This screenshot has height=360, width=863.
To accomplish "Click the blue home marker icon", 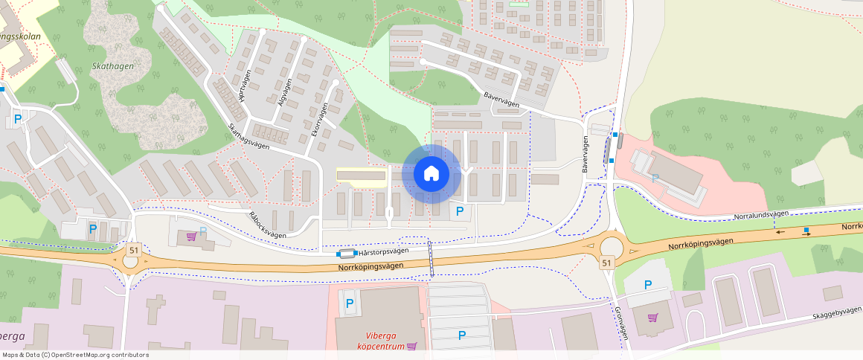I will click(431, 174).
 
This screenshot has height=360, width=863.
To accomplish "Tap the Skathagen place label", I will click(112, 66).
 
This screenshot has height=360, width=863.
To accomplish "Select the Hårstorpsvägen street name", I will click(382, 251).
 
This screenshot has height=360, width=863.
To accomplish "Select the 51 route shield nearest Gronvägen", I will click(607, 263).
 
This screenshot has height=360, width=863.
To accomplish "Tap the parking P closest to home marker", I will click(459, 211).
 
